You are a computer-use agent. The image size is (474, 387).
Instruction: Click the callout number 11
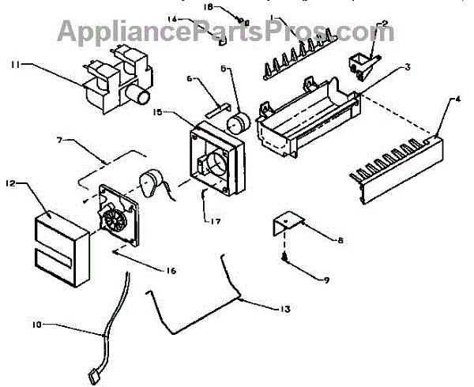[16, 64]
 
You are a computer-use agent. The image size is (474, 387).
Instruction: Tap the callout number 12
[11, 183]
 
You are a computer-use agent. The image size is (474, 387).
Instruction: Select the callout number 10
[38, 325]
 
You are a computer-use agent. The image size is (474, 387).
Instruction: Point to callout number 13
[285, 310]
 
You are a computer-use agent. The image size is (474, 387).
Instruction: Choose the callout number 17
[216, 222]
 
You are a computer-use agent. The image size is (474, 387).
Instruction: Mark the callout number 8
[340, 240]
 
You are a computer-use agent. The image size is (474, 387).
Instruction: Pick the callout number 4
[458, 99]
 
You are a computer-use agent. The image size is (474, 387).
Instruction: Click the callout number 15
[157, 113]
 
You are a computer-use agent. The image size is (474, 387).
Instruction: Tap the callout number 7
[59, 140]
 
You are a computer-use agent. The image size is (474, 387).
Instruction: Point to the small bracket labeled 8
[288, 223]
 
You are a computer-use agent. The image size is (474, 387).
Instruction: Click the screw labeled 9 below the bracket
[284, 257]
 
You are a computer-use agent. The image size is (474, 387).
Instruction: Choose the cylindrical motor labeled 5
[239, 122]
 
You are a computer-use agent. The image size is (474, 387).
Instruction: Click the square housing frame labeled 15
[217, 159]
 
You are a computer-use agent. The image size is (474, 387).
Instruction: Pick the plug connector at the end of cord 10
[94, 377]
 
